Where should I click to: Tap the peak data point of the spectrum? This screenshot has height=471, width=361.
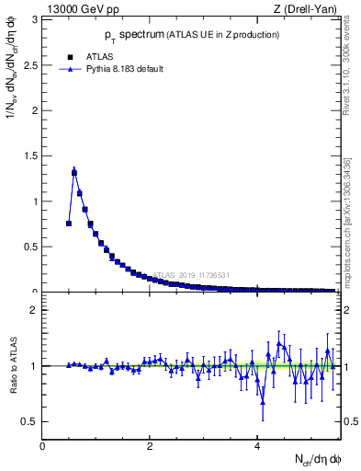[x=74, y=172]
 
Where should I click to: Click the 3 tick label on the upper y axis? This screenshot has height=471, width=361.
[x=34, y=19]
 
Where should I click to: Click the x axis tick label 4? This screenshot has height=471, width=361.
[x=257, y=446]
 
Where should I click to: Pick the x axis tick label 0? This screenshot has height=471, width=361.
[x=43, y=446]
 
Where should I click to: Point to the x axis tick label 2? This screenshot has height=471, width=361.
[x=150, y=446]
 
